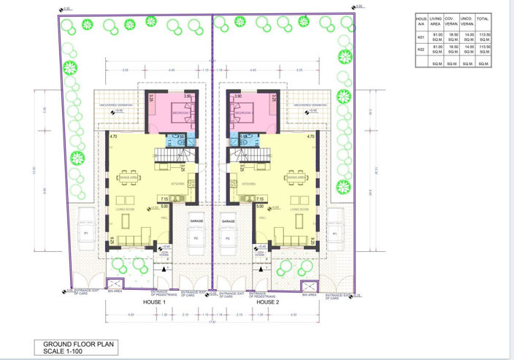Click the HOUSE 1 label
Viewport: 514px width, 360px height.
click(x=155, y=302)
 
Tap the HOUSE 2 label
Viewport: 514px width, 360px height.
click(x=268, y=302)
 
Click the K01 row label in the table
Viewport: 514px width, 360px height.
click(x=421, y=36)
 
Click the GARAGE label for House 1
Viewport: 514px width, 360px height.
click(x=196, y=220)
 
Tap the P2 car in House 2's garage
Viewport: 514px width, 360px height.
click(x=228, y=238)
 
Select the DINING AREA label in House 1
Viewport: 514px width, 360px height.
click(x=128, y=177)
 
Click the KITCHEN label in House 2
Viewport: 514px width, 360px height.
click(x=248, y=184)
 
